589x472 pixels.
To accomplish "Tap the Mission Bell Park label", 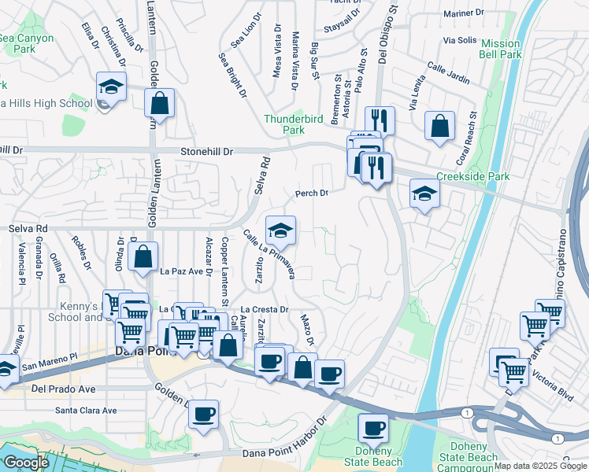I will pyautogui.click(x=501, y=49).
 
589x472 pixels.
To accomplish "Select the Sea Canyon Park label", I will pyautogui.click(x=28, y=43).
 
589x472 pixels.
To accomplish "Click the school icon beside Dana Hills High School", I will pyautogui.click(x=112, y=87).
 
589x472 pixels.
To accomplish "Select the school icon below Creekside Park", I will pyautogui.click(x=424, y=195).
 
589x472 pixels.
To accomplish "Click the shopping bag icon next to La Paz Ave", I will pyautogui.click(x=143, y=257).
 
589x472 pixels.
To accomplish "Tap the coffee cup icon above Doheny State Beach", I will pyautogui.click(x=372, y=429).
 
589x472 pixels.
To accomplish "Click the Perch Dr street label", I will pyautogui.click(x=310, y=193).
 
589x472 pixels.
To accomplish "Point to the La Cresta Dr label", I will pyautogui.click(x=265, y=310).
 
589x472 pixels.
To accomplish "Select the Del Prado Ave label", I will pyautogui.click(x=64, y=389).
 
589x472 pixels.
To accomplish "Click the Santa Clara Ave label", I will pyautogui.click(x=86, y=410).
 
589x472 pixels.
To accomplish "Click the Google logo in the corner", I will pyautogui.click(x=26, y=463).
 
